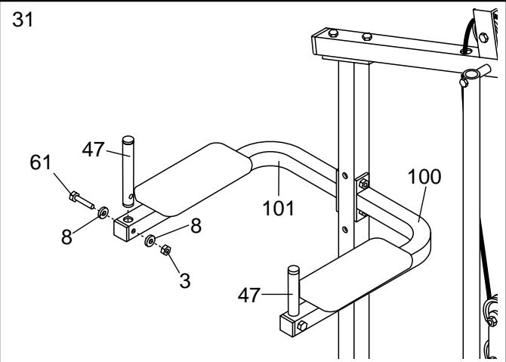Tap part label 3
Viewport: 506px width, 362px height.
pos(184,282)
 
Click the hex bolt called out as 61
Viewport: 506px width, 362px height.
pos(79,200)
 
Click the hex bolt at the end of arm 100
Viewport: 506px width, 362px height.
pos(301,326)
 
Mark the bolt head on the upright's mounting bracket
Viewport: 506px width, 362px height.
pos(362,182)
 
